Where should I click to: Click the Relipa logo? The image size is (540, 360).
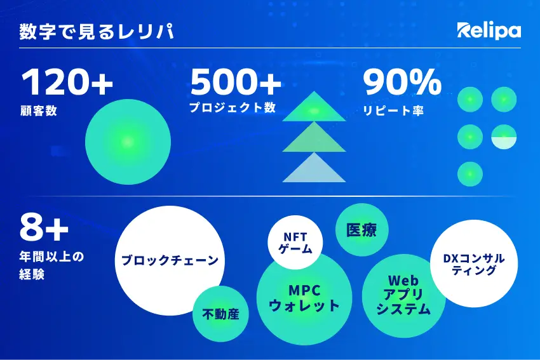pyautogui.click(x=489, y=31)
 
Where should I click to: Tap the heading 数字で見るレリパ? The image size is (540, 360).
pyautogui.click(x=97, y=32)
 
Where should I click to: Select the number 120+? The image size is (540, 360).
pyautogui.click(x=67, y=82)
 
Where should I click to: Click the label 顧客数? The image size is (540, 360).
pyautogui.click(x=39, y=111)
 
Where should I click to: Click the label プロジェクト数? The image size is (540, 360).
pyautogui.click(x=233, y=107)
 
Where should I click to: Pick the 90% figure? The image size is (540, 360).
pyautogui.click(x=402, y=82)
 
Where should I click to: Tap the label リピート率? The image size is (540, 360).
pyautogui.click(x=393, y=110)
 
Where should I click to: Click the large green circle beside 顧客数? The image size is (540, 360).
pyautogui.click(x=128, y=142)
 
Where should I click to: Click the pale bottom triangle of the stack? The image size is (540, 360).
pyautogui.click(x=314, y=170)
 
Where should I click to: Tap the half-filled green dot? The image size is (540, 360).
pyautogui.click(x=504, y=137)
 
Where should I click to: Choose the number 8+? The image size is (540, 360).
pyautogui.click(x=44, y=227)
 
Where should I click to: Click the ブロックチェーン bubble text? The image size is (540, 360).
pyautogui.click(x=170, y=260)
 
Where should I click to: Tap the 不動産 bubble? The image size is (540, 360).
pyautogui.click(x=220, y=314)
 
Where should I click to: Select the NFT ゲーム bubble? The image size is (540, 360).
pyautogui.click(x=295, y=243)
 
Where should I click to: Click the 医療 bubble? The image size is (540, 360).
pyautogui.click(x=362, y=230)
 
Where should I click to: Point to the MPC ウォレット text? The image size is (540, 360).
pyautogui.click(x=304, y=298)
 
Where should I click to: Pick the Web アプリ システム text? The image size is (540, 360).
pyautogui.click(x=403, y=295)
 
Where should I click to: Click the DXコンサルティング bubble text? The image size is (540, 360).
pyautogui.click(x=474, y=264)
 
